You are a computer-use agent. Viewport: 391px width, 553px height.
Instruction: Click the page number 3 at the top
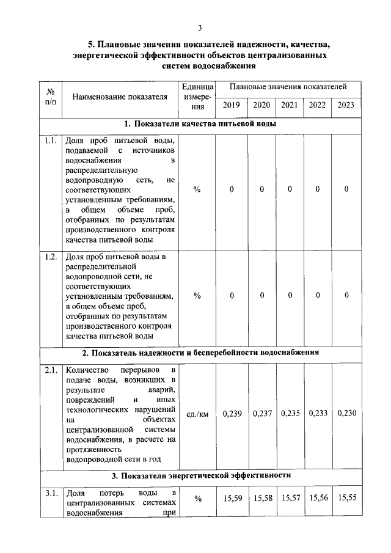pyautogui.click(x=199, y=27)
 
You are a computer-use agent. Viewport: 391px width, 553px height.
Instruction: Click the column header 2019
pyautogui.click(x=232, y=105)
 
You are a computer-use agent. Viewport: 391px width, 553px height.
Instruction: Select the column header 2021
pyautogui.click(x=290, y=105)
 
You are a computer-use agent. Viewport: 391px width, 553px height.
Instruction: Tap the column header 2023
pyautogui.click(x=346, y=105)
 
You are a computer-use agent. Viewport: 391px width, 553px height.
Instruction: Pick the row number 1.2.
pyautogui.click(x=51, y=257)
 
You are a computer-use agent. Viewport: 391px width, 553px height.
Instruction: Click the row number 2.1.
pyautogui.click(x=51, y=370)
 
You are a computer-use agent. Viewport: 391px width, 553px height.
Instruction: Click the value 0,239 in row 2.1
pyautogui.click(x=232, y=414)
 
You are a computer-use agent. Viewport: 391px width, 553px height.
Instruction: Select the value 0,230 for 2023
pyautogui.click(x=346, y=414)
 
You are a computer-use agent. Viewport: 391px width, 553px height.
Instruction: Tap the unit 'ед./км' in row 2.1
pyautogui.click(x=197, y=414)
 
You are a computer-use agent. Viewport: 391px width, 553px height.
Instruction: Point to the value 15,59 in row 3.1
pyautogui.click(x=232, y=498)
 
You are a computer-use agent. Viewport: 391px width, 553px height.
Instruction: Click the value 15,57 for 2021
pyautogui.click(x=290, y=498)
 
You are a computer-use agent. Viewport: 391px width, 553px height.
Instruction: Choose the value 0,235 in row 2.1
pyautogui.click(x=290, y=414)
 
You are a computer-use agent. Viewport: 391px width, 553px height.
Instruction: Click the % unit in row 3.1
pyautogui.click(x=197, y=499)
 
